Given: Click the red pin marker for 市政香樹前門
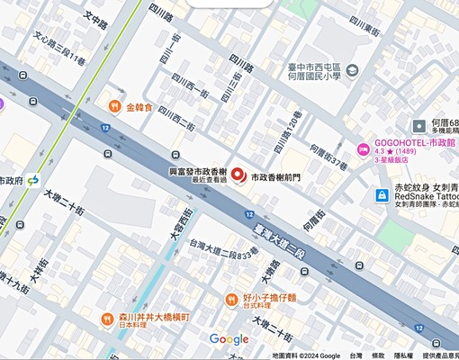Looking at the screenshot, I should pos(238,175).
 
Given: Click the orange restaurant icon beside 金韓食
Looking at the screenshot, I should pos(114,107).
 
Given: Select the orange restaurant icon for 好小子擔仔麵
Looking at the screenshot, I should pos(231,299).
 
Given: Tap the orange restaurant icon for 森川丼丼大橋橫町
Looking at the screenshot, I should pos(108,318).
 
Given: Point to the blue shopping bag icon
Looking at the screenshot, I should pos(383,195).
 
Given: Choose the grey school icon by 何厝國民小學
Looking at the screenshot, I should pos(351,69).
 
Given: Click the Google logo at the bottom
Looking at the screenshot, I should pos(229,339).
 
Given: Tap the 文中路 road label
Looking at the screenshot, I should pos(94,18).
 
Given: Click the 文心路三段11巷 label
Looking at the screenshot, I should pos(58,49).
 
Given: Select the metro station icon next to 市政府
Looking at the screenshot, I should pos(33,181).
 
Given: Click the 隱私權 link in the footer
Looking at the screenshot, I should pos(404,355).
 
